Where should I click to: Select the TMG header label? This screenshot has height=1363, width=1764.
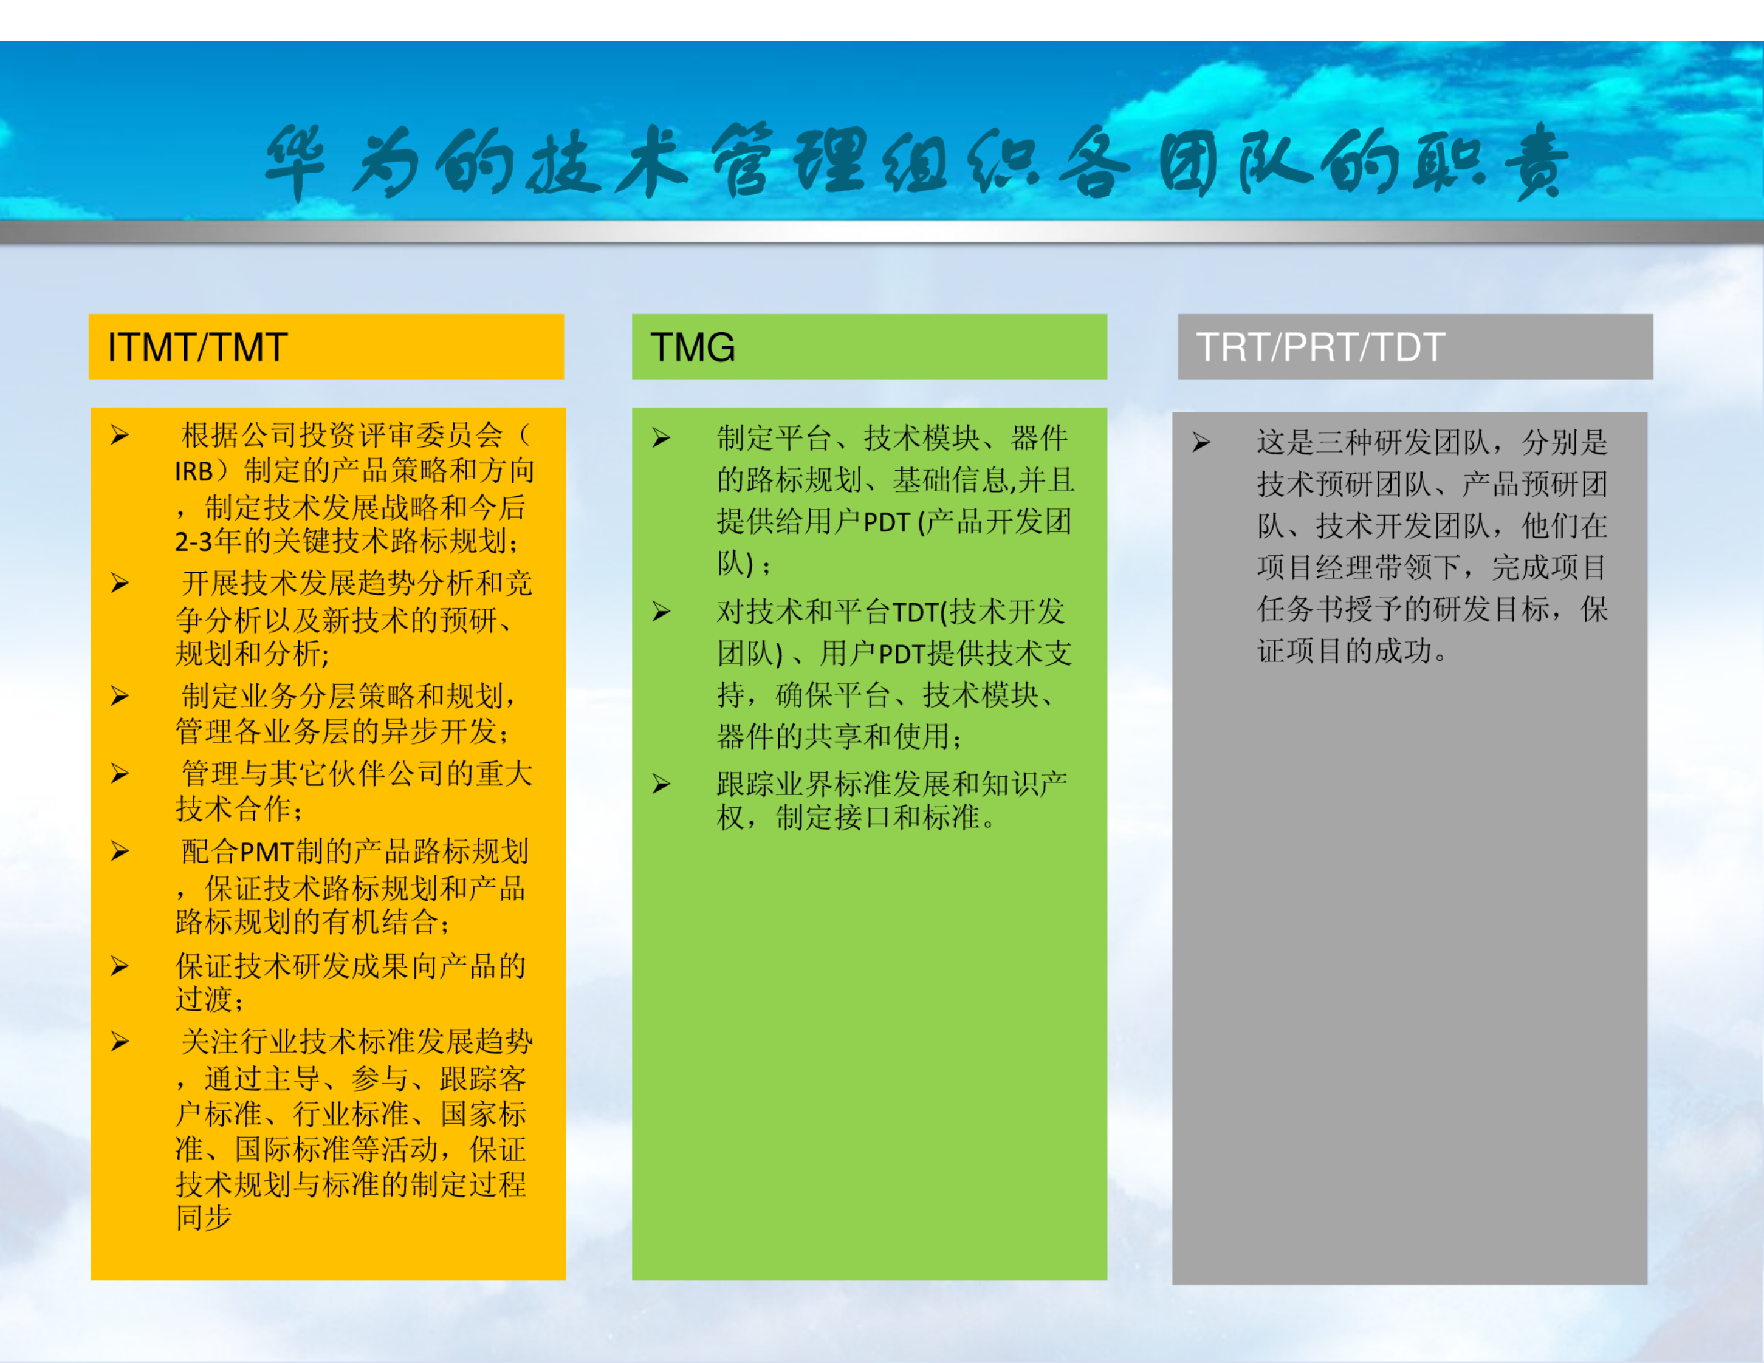692,348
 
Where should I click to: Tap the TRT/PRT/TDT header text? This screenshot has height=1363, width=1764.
1320,348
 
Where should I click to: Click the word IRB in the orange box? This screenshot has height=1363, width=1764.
194,471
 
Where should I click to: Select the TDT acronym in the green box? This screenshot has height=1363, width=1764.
918,613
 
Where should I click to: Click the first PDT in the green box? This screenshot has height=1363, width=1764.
887,523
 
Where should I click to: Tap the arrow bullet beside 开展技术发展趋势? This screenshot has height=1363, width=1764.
120,584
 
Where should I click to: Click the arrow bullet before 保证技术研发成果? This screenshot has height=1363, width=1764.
120,966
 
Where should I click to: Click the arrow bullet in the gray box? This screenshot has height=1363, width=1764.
1201,443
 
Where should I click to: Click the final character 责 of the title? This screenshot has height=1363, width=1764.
1537,162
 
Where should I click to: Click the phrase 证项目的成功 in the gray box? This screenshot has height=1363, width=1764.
1344,651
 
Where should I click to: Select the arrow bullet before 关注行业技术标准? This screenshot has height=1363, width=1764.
120,1042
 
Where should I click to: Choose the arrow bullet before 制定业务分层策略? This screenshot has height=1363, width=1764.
120,696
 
